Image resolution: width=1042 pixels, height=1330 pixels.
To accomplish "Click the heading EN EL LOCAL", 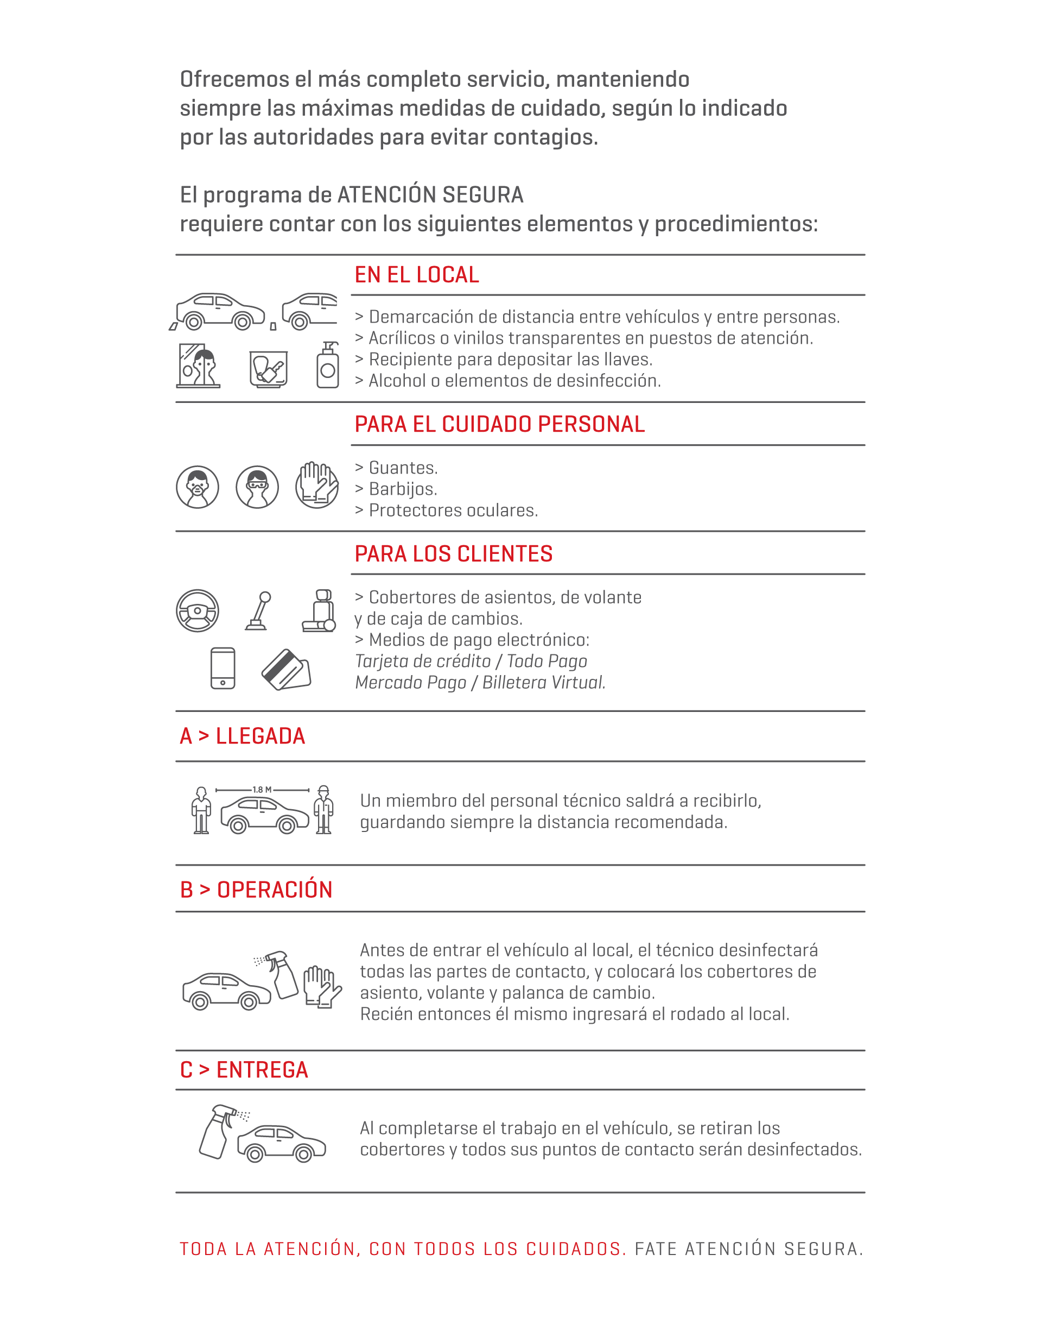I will coord(417,275).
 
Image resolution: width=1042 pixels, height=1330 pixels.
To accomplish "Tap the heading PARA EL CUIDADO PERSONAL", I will coord(499,424).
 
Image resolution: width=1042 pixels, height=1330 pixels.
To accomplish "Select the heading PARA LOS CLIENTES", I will coord(453,553).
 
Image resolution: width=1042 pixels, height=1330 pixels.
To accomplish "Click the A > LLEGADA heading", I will coord(242,736).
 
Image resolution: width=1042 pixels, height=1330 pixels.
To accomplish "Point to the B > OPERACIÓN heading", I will coord(256,890).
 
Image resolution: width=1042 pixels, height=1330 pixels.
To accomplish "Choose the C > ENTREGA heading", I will coord(244,1070).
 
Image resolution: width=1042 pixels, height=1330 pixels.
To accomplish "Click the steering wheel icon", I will coord(197,610).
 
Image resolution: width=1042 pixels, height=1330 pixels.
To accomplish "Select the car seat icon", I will coord(320,610).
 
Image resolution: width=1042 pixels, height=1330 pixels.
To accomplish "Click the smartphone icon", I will coord(223,669).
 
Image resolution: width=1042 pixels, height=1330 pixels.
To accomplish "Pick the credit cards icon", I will coord(285,670).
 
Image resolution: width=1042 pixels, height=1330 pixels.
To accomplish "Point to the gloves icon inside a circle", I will coord(316,486).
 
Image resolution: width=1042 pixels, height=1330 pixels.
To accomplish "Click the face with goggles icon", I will coord(257,487).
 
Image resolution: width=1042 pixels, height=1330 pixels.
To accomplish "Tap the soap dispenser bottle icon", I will coord(328,365).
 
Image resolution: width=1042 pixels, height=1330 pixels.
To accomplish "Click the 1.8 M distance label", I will coord(262,789).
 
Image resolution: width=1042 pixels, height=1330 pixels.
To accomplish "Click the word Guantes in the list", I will coord(403,468).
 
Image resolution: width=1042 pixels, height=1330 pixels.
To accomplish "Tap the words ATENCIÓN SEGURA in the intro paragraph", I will coord(430,196).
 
